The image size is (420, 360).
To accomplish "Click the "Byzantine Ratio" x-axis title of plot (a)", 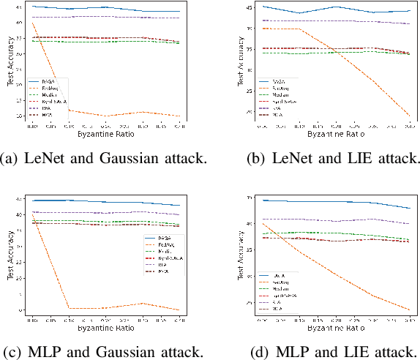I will coord(106,135).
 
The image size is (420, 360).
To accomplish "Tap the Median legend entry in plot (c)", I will coord(163,251).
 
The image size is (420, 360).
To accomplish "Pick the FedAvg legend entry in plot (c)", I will coord(163,244).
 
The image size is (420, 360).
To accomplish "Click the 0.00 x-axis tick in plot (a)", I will coord(32,127).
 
